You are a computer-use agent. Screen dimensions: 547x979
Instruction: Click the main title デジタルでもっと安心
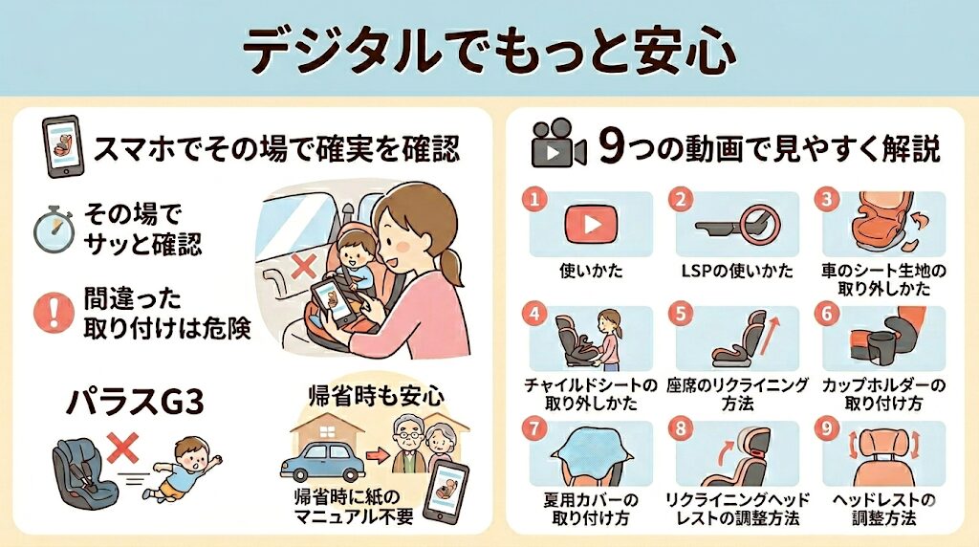489,50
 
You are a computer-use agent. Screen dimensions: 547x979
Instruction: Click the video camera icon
557,144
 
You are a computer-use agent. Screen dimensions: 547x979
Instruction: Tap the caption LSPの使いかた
737,271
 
